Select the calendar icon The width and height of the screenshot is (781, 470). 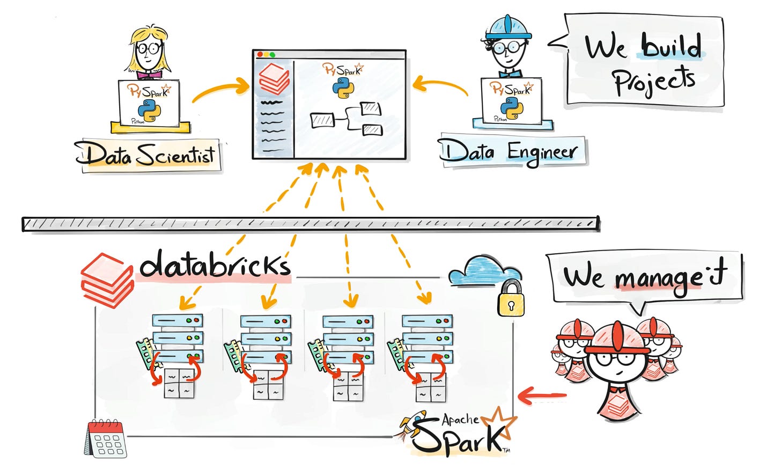106,438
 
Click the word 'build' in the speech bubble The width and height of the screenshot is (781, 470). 671,46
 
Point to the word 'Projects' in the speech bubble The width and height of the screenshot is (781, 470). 654,80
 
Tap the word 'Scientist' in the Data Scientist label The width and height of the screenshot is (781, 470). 175,156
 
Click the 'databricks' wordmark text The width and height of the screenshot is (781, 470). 215,264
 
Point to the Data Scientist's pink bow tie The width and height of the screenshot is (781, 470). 149,75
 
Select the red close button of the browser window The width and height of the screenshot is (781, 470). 260,55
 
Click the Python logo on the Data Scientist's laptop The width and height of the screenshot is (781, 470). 149,111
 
